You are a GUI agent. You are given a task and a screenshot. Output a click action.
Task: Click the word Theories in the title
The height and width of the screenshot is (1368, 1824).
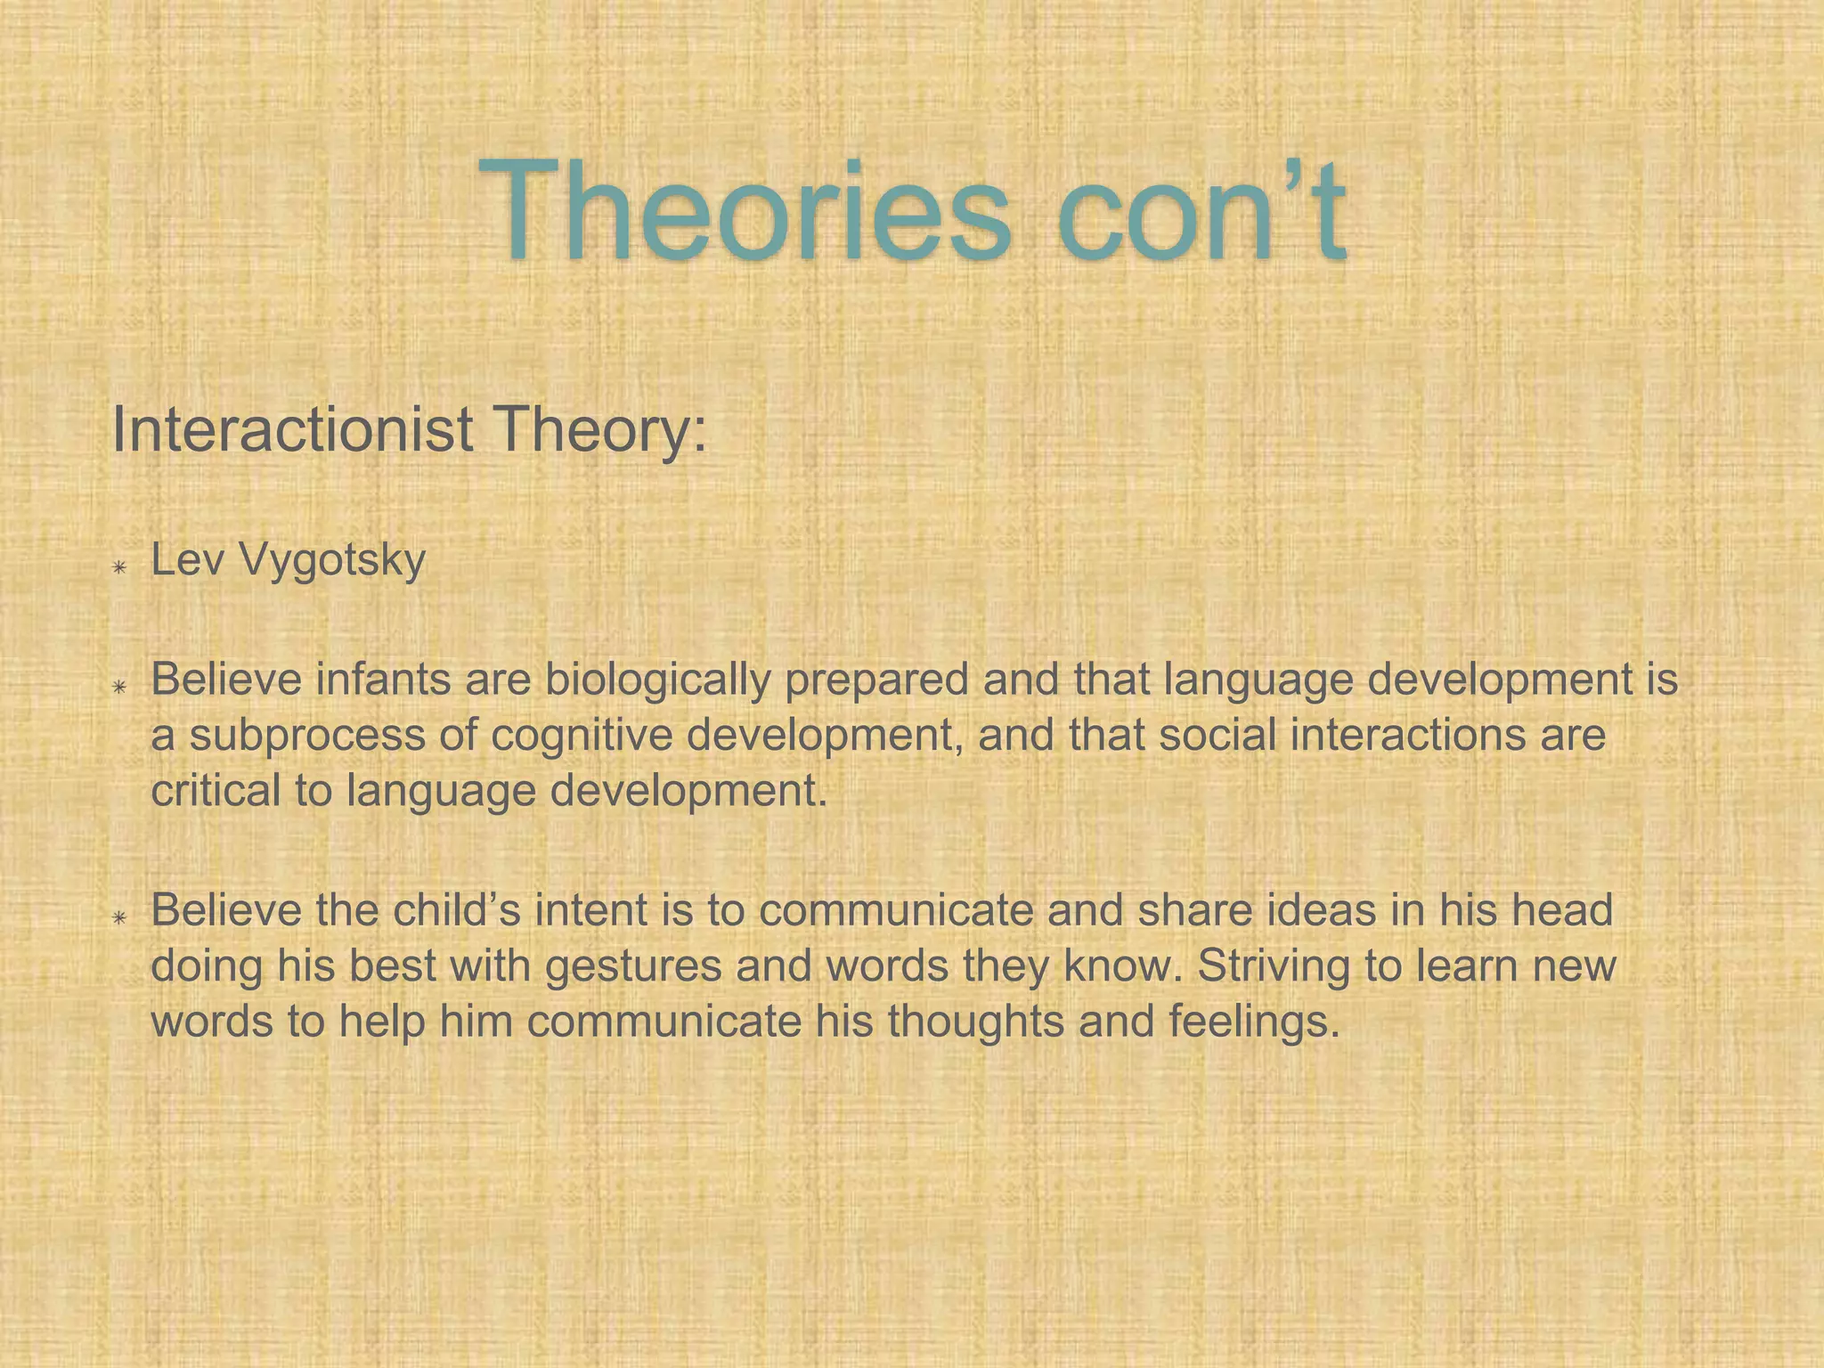click(x=745, y=212)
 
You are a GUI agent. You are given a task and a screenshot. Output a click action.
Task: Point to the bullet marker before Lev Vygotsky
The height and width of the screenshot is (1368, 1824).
click(x=119, y=567)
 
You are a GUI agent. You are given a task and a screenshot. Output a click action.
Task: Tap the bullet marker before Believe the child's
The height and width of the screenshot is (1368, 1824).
click(x=119, y=917)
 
